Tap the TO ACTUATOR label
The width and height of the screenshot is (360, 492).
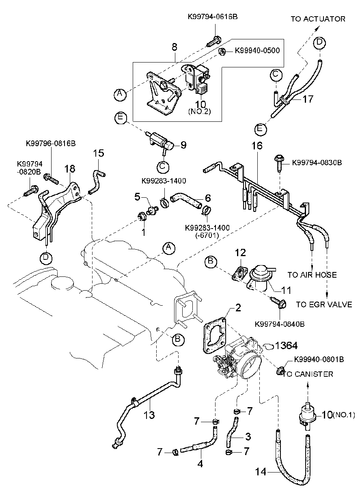318,19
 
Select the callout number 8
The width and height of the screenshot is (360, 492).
175,47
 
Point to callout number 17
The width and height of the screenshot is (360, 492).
308,99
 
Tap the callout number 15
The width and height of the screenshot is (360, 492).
99,153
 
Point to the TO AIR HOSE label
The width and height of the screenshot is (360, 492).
312,275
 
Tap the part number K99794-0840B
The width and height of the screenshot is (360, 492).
280,324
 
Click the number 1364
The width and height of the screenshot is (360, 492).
286,345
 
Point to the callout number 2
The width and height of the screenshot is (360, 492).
238,307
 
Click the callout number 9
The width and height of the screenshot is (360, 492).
183,145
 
